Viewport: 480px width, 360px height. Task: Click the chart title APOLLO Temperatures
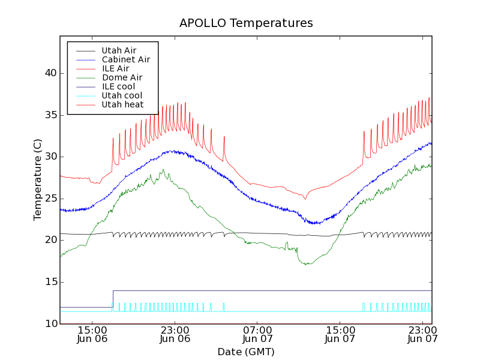[246, 23]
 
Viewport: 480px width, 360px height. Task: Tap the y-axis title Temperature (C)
[38, 179]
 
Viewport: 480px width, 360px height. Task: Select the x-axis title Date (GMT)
[245, 352]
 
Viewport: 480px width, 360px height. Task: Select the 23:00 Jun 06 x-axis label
[175, 334]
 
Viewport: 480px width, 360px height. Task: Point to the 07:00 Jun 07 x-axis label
[257, 334]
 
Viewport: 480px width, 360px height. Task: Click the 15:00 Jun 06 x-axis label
[92, 334]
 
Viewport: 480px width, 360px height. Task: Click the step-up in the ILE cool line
[113, 299]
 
